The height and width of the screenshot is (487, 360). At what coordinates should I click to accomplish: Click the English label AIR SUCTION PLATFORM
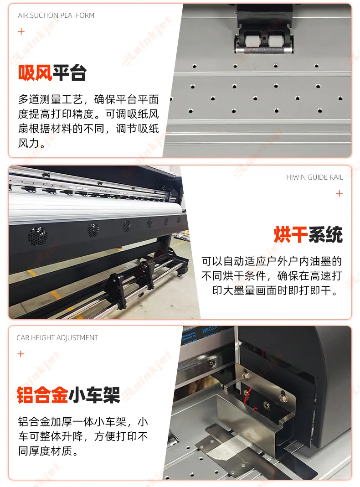pos(56,15)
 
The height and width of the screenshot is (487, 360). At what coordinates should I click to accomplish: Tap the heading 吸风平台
pos(52,73)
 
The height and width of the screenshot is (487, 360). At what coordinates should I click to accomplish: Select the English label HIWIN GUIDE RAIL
pos(314,177)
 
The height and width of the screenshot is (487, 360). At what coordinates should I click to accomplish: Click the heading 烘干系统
pos(308,234)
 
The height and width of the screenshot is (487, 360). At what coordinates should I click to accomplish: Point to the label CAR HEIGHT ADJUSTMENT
pos(57,337)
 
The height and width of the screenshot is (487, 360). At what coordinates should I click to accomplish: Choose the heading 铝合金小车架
pos(68,395)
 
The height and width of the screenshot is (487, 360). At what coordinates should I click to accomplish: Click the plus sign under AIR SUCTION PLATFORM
pos(21,31)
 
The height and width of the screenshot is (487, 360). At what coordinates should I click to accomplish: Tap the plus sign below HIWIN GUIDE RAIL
pos(339,193)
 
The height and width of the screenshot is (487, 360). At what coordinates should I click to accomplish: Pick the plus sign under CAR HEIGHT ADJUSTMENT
pos(21,354)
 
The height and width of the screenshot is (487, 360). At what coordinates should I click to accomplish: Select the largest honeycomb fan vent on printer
pos(37,236)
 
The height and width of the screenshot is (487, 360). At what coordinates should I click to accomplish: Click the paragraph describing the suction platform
pos(88,121)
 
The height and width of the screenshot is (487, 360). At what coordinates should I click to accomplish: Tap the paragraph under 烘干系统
pos(272,275)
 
